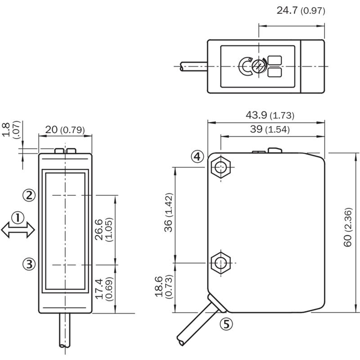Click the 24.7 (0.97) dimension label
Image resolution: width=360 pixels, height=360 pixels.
coord(301,10)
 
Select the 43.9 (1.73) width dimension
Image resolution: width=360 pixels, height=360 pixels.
coord(270,115)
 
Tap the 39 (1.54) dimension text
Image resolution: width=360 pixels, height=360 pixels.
coord(270,129)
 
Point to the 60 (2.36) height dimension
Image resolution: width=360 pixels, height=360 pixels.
coord(348,227)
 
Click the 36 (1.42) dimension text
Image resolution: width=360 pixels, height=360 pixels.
coord(168,212)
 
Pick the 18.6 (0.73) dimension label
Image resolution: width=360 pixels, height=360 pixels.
coord(163,287)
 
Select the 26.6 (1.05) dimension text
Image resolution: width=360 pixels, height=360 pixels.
coord(104,230)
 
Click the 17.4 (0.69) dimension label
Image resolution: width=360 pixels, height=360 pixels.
coord(104,289)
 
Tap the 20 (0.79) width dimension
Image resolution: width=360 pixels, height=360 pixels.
coord(65,130)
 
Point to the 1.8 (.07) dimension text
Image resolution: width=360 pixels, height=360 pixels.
coord(11,129)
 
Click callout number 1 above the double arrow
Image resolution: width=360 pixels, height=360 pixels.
coord(18,218)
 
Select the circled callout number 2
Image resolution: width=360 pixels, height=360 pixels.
coord(29,196)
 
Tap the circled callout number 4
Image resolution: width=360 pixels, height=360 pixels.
coord(198,157)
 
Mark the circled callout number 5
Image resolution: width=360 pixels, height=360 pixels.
coord(226,324)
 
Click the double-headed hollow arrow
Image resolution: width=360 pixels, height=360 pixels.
coord(18,230)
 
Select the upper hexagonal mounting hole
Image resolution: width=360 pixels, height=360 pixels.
coord(220,167)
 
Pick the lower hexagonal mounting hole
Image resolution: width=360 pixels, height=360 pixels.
coord(220,263)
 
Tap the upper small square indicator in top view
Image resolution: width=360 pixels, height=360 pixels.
coord(275,60)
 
